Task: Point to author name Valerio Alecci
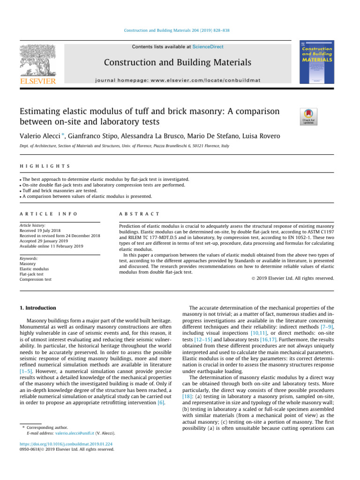tap(38, 136)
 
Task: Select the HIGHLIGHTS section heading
tap(45, 166)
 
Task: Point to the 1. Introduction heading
tap(38, 308)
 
